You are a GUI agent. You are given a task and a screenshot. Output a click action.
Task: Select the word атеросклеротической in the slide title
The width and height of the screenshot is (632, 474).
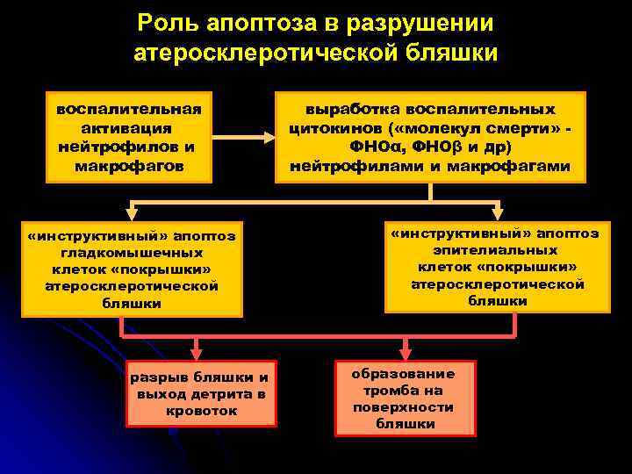point(269,53)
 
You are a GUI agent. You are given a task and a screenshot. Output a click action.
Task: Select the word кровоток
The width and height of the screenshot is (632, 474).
point(201,410)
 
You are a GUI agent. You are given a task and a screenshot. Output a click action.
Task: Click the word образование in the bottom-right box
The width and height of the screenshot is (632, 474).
point(404,373)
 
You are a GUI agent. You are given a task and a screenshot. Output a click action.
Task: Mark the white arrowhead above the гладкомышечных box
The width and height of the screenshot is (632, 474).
point(131,211)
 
